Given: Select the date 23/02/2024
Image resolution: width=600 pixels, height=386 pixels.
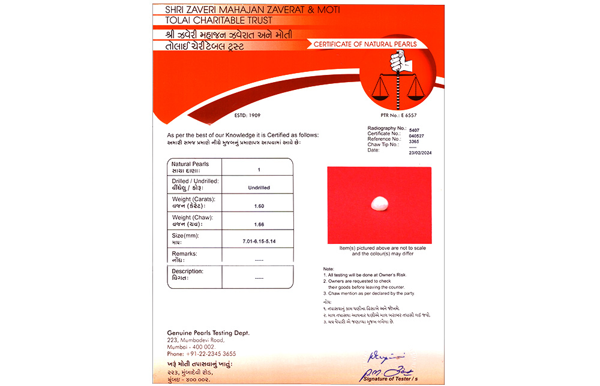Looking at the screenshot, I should (x=420, y=153).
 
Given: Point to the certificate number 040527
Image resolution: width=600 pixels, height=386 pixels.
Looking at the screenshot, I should (x=416, y=135).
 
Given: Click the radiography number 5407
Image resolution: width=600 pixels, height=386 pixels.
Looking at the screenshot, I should (x=414, y=130).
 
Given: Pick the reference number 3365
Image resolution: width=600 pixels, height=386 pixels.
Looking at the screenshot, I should (x=415, y=141).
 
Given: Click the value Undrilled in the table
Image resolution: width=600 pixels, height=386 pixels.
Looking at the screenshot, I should (x=259, y=188).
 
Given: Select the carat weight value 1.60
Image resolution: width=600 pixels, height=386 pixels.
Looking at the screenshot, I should (x=259, y=206).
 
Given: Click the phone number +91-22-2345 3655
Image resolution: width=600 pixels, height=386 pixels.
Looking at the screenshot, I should (x=202, y=354).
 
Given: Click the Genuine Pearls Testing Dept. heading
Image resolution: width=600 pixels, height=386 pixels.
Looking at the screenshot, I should (x=208, y=333).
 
